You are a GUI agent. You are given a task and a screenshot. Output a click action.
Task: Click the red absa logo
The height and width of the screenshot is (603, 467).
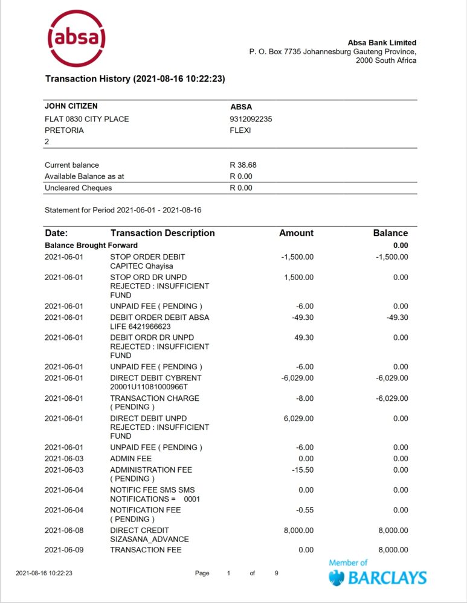pyautogui.click(x=77, y=39)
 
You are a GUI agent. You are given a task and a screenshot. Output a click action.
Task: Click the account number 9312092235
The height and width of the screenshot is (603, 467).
pyautogui.click(x=251, y=119)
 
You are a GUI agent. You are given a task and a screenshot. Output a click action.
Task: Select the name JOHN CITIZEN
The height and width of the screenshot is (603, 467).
pyautogui.click(x=71, y=106)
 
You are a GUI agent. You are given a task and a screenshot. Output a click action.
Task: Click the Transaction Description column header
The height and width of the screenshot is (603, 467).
pyautogui.click(x=163, y=233)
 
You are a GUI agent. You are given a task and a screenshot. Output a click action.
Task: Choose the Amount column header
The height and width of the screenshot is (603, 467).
pyautogui.click(x=296, y=233)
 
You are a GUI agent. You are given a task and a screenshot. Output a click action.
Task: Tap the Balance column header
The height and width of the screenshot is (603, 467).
pyautogui.click(x=390, y=233)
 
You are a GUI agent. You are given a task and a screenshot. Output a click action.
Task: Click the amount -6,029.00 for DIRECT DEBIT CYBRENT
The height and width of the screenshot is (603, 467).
pyautogui.click(x=297, y=378)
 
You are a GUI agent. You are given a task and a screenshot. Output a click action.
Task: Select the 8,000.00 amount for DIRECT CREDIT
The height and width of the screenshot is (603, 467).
pyautogui.click(x=297, y=530)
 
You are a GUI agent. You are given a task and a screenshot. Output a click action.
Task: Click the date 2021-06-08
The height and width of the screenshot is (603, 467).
pyautogui.click(x=64, y=530)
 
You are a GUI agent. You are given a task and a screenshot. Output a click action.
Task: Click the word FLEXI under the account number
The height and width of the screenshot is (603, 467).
pyautogui.click(x=240, y=130)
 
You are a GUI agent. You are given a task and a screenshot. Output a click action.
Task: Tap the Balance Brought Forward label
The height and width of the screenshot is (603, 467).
pyautogui.click(x=91, y=246)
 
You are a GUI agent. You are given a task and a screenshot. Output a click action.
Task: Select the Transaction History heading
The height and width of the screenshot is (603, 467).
pyautogui.click(x=135, y=79)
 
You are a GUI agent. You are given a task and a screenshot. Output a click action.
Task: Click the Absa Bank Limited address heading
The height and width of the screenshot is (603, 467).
pyautogui.click(x=382, y=43)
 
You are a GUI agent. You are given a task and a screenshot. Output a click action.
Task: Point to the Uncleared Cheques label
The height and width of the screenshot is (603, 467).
pyautogui.click(x=79, y=188)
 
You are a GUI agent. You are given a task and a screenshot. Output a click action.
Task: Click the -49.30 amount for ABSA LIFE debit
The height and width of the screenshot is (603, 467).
pyautogui.click(x=301, y=317)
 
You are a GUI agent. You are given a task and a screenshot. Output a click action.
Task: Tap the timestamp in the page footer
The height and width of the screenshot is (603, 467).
pyautogui.click(x=44, y=573)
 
